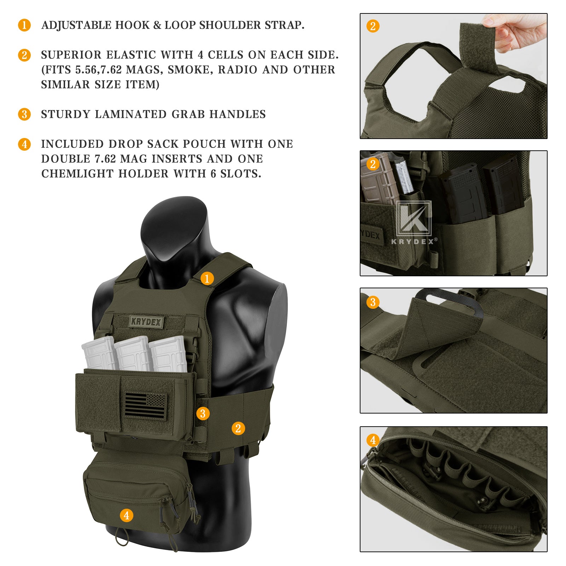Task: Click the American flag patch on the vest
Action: [x=145, y=405]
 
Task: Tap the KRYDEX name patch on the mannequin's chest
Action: [x=146, y=322]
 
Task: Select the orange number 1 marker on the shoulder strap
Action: [x=207, y=278]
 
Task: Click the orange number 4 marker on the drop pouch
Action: [x=127, y=515]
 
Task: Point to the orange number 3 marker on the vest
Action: [x=203, y=413]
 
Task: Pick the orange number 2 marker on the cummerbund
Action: [x=238, y=428]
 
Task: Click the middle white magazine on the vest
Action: [x=133, y=353]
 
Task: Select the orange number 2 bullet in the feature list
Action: [x=24, y=55]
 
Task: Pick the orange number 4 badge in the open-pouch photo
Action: [x=373, y=440]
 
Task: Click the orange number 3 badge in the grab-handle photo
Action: [x=373, y=302]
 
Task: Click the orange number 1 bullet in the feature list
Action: [x=24, y=25]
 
